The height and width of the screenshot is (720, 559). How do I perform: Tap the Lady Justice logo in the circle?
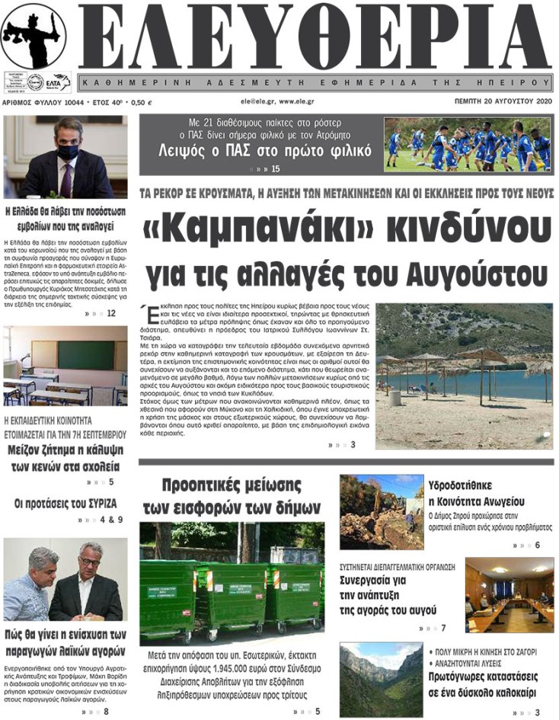click(33, 35)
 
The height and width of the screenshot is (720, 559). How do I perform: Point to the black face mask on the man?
click(67, 152)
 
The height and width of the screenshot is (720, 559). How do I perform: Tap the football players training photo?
click(467, 144)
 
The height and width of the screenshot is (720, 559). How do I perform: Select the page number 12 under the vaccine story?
click(111, 313)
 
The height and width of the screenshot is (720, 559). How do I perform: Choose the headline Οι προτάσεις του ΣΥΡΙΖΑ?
click(65, 504)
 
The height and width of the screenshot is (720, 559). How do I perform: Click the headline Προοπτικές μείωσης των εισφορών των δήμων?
click(232, 496)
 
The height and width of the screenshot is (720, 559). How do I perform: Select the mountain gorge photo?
click(381, 678)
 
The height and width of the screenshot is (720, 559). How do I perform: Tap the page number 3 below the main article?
click(353, 444)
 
